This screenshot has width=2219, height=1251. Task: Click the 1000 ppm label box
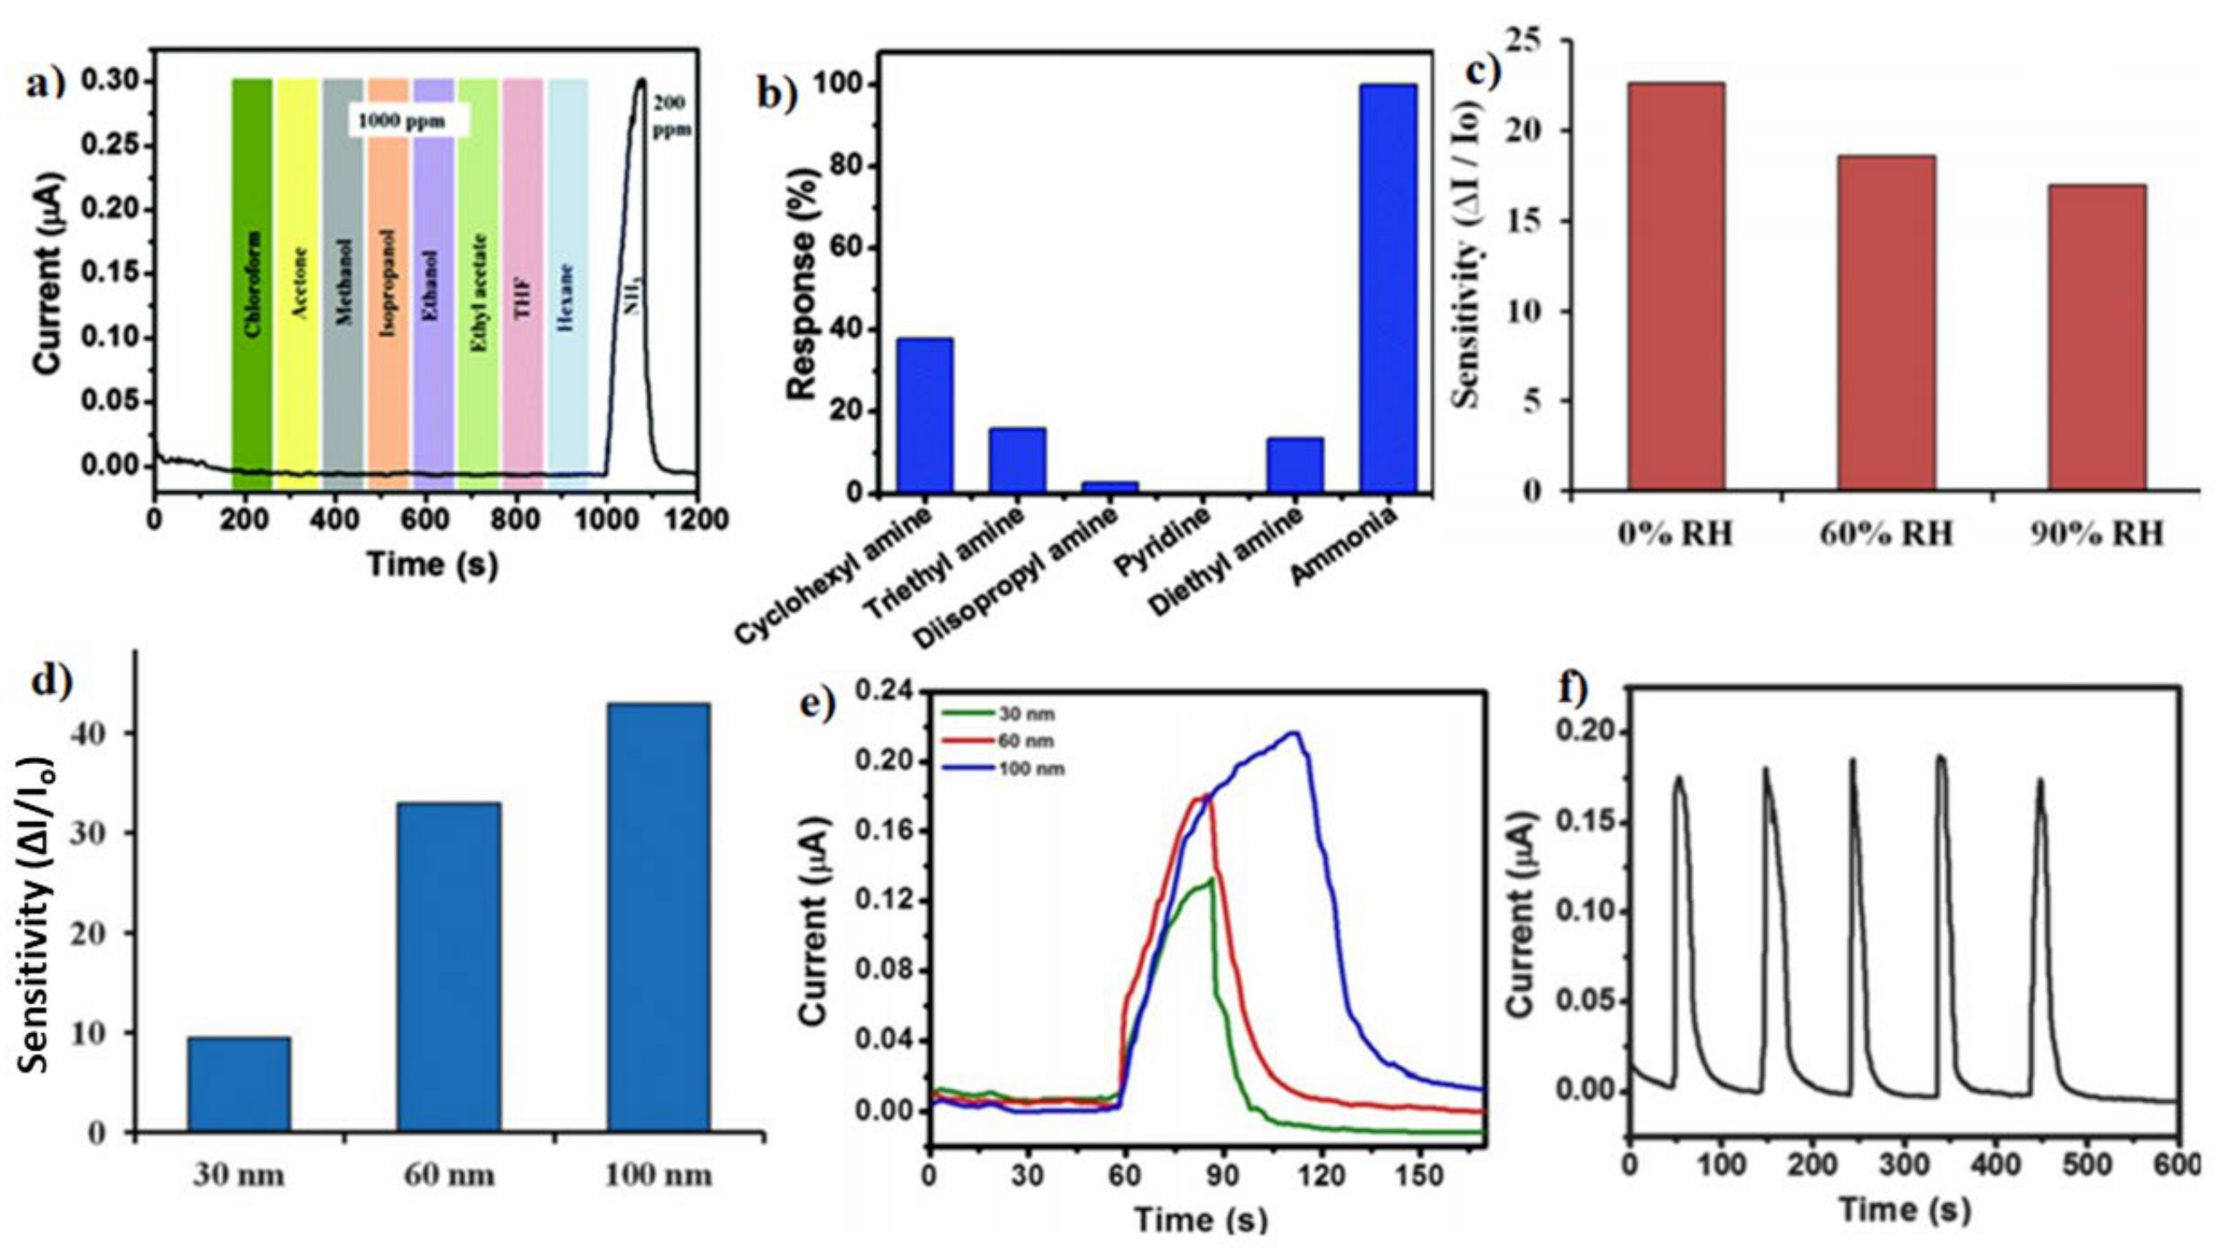pyautogui.click(x=408, y=120)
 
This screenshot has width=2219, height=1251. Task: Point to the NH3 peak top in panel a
pyautogui.click(x=641, y=82)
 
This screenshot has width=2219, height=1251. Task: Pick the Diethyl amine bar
pyautogui.click(x=1295, y=465)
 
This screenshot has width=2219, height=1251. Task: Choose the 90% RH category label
pyautogui.click(x=2097, y=535)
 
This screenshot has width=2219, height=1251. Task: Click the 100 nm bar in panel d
pyautogui.click(x=658, y=917)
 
